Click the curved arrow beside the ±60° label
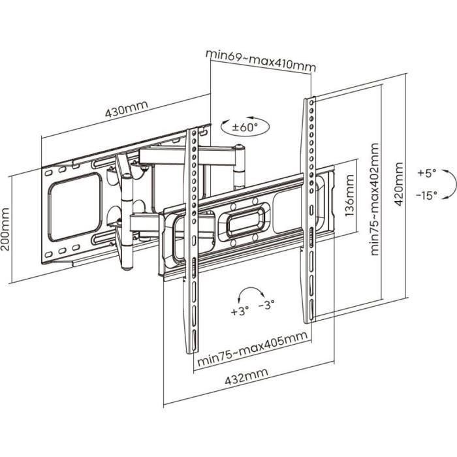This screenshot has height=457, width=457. pyautogui.click(x=226, y=125)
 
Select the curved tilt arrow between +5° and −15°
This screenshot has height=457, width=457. pyautogui.click(x=450, y=184)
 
